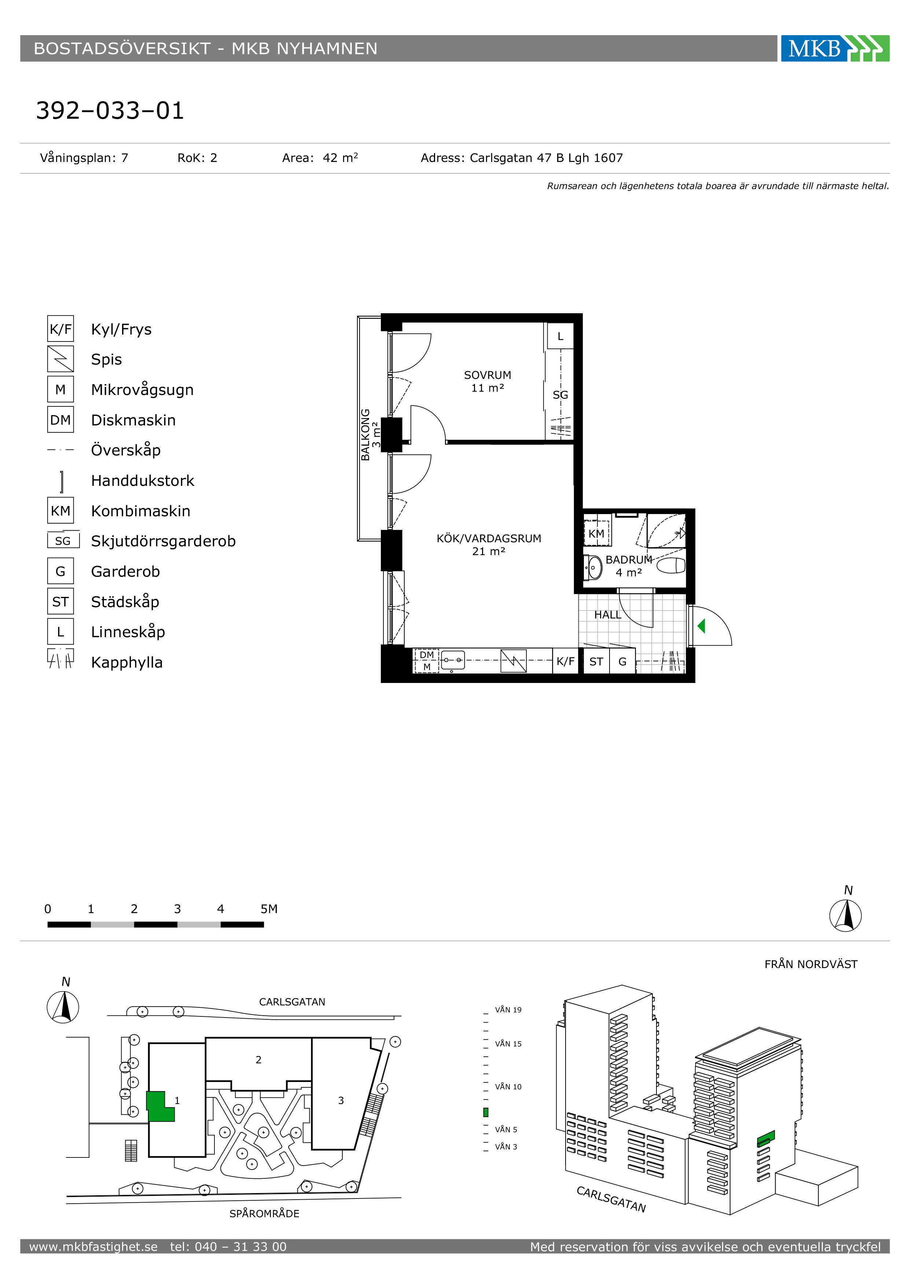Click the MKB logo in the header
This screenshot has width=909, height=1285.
(835, 49)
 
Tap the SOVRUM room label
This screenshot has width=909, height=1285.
(487, 375)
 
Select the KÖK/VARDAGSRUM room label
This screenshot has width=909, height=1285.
(489, 538)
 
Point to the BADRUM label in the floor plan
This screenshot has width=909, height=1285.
(629, 560)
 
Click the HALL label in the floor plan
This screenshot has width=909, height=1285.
(607, 614)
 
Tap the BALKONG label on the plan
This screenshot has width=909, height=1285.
(365, 435)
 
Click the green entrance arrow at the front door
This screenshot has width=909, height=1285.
(701, 626)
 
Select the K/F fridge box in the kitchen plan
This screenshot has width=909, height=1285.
(565, 661)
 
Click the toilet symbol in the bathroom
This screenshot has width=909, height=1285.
(671, 566)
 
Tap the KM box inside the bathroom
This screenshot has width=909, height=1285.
(596, 533)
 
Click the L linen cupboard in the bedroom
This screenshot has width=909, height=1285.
(560, 336)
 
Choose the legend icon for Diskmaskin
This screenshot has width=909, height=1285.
(60, 420)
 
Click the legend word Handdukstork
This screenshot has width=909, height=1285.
(143, 481)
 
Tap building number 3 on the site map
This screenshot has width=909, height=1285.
(341, 1100)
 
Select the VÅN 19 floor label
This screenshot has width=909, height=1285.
(508, 1010)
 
